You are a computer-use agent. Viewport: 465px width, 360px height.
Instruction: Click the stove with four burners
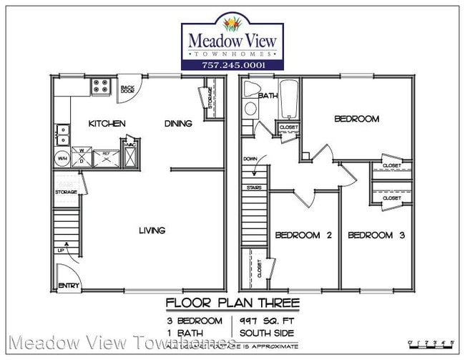pyautogui.click(x=101, y=87)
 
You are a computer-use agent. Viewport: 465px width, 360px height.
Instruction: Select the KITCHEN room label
pyautogui.click(x=107, y=124)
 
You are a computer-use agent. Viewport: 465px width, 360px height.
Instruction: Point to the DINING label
pyautogui.click(x=178, y=124)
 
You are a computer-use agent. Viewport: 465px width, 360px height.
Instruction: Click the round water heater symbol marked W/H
pyautogui.click(x=62, y=159)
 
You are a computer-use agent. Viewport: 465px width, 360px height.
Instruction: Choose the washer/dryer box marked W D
pyautogui.click(x=82, y=157)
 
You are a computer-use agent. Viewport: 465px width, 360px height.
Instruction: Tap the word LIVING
pyautogui.click(x=152, y=230)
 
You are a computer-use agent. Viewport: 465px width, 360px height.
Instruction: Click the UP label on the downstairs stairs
pyautogui.click(x=62, y=250)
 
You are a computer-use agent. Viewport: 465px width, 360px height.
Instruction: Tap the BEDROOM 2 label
pyautogui.click(x=303, y=235)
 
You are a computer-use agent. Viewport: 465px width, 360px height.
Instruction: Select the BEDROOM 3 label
pyautogui.click(x=376, y=235)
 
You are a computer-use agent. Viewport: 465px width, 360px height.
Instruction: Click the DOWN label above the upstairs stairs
pyautogui.click(x=250, y=159)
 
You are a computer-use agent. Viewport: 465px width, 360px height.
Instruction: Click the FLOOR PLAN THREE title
pyautogui.click(x=232, y=303)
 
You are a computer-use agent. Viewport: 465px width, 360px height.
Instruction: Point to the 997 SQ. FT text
pyautogui.click(x=260, y=320)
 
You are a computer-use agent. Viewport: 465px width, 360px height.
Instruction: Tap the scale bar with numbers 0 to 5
pyautogui.click(x=429, y=343)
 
